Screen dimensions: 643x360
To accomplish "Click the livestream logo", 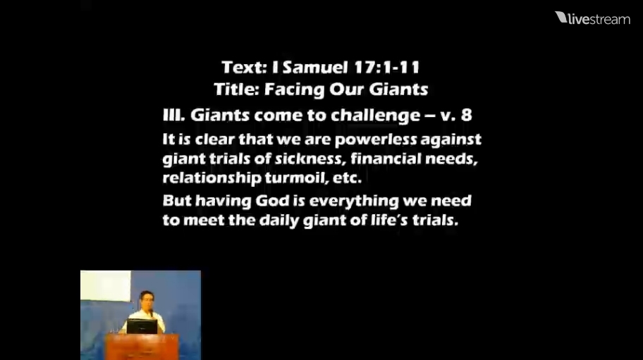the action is click(592, 18).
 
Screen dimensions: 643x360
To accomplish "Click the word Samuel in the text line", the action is click(315, 68).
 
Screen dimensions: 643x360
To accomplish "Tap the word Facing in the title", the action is click(293, 89).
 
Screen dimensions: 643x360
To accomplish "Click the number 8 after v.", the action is click(466, 115).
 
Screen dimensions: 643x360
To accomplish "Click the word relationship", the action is click(212, 178).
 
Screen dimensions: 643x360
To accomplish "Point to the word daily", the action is click(279, 221).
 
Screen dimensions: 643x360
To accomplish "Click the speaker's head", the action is click(147, 300).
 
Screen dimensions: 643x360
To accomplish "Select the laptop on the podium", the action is click(142, 327).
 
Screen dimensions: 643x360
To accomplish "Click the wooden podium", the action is click(142, 347).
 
